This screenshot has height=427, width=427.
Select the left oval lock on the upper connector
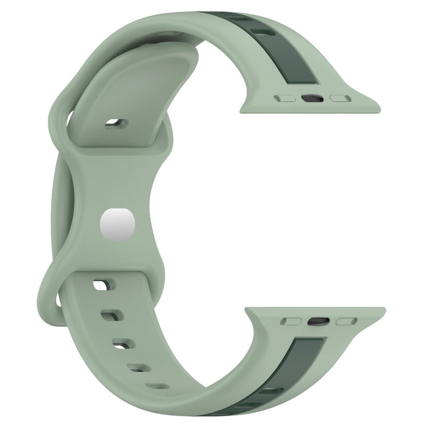click(285, 98)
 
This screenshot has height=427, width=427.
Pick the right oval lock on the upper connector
click(340, 98)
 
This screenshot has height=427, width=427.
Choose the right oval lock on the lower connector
click(346, 322)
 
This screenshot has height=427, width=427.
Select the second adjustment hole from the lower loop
click(109, 314)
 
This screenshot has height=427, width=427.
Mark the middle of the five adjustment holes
click(121, 343)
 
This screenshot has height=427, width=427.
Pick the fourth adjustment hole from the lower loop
click(137, 368)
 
